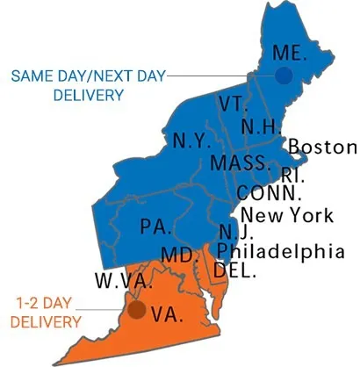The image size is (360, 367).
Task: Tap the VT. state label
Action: [x=234, y=104]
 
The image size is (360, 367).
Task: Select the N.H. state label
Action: [x=261, y=126]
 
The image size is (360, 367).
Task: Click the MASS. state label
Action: [x=240, y=163]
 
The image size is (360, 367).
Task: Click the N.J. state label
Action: [x=234, y=233]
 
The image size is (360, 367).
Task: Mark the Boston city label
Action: [x=322, y=147]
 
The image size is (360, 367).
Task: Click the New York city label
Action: [x=286, y=214]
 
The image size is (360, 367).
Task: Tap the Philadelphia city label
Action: [x=280, y=252]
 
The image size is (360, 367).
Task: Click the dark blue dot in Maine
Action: [x=283, y=76]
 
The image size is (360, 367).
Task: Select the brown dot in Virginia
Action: [x=136, y=309]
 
